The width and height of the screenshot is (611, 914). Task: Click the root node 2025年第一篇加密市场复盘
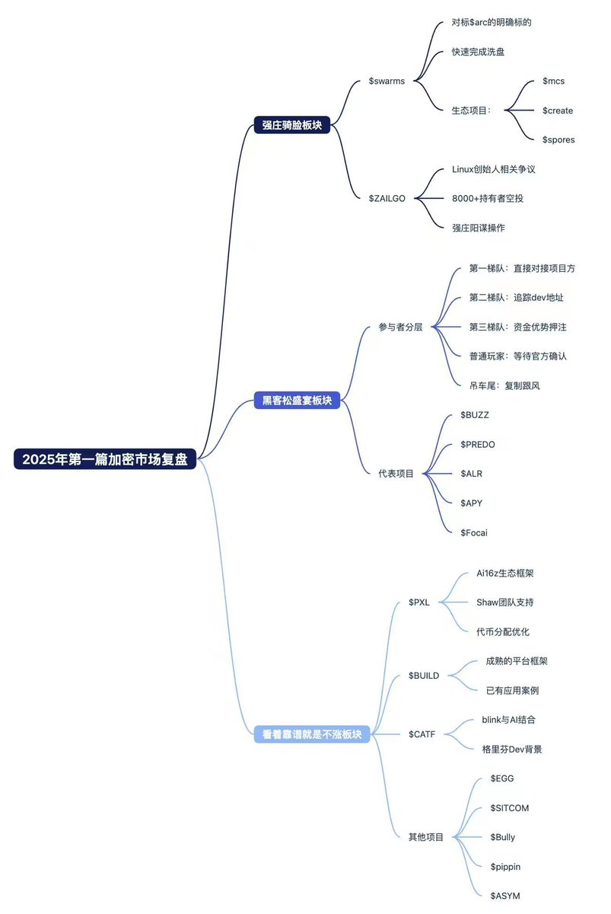(x=105, y=459)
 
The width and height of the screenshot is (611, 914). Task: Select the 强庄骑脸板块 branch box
(x=292, y=126)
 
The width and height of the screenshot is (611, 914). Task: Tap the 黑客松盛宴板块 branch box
(x=297, y=400)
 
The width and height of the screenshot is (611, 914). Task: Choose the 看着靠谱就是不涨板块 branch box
(x=311, y=734)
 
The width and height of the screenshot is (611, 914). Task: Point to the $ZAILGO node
(x=387, y=198)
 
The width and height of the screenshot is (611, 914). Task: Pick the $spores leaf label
(x=558, y=139)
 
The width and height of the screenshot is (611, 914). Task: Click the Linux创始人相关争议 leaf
(x=493, y=169)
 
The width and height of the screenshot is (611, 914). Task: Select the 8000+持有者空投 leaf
(x=487, y=198)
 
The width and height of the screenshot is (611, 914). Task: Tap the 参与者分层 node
(x=400, y=327)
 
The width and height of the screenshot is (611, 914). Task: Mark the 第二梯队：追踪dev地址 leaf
(x=516, y=297)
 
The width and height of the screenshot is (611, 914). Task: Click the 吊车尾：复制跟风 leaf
(x=505, y=385)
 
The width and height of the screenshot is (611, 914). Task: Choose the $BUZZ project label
(x=475, y=414)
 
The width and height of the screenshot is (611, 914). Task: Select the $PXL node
(x=418, y=602)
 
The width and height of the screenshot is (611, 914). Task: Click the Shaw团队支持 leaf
(x=504, y=602)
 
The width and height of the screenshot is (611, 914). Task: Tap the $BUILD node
(x=423, y=676)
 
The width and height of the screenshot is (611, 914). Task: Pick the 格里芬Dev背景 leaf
(x=512, y=749)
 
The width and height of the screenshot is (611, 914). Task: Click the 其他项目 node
(x=426, y=836)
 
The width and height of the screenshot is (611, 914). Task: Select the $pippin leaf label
(x=505, y=866)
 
